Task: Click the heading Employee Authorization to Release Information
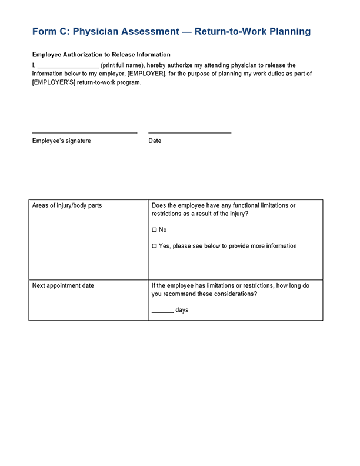coord(101,55)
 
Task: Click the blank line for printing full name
coord(68,66)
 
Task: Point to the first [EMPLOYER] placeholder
coord(146,74)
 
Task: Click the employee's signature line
coord(85,132)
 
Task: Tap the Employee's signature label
coord(62,141)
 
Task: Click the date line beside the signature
coord(189,132)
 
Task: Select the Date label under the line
coord(155,141)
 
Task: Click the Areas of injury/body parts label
coord(67,206)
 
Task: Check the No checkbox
coord(154,229)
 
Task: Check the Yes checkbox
coord(154,246)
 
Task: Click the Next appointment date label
coord(63,286)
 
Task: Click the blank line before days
coord(162,310)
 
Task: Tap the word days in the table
coord(182,310)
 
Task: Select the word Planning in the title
coord(290,31)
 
